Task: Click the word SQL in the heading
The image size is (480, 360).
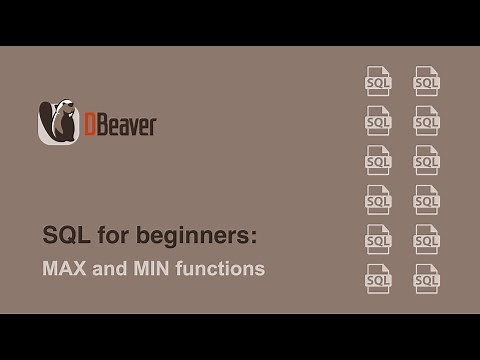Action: (63, 236)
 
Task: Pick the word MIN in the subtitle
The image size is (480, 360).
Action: (149, 268)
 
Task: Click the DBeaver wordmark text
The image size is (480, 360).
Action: (119, 125)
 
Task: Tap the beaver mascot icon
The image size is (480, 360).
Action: (57, 122)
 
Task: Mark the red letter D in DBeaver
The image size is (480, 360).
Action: (87, 125)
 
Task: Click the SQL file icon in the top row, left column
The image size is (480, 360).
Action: (378, 81)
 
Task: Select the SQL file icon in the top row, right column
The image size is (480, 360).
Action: (427, 81)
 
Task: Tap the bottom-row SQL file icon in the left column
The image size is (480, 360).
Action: (378, 278)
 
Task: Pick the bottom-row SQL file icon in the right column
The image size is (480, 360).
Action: (427, 278)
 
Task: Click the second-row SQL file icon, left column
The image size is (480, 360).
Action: (378, 120)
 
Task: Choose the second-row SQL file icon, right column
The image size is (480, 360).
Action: (427, 120)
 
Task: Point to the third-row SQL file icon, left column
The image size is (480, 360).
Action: (378, 160)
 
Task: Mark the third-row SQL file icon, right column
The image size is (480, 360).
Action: (427, 160)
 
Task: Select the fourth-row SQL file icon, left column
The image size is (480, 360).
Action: (378, 199)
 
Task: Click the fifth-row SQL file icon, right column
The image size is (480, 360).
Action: (427, 239)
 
